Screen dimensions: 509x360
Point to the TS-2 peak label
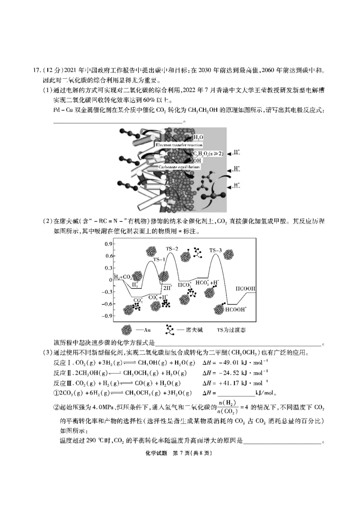(172, 249)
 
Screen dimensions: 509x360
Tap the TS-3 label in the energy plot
(216, 250)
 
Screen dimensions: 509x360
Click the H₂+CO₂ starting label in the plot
(123, 277)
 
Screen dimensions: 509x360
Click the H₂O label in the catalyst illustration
(198, 137)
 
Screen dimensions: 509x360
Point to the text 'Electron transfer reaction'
(179, 145)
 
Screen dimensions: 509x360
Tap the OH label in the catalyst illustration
(197, 160)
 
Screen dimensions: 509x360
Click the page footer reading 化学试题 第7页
(180, 453)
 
